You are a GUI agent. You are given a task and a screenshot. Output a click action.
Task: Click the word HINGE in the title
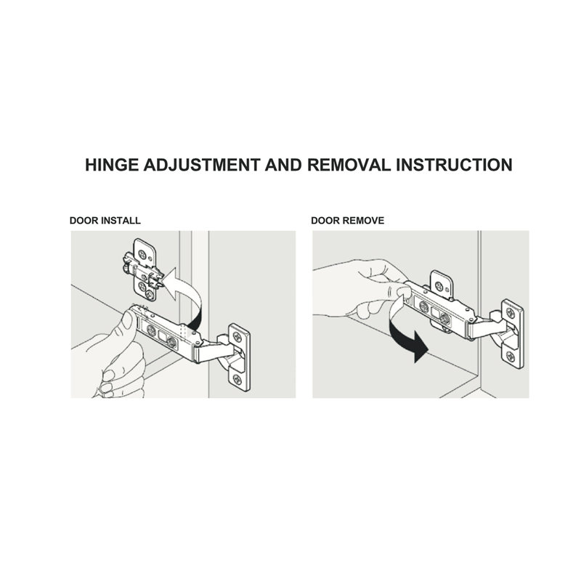tap(112, 165)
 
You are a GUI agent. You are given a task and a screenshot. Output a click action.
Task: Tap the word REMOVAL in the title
tap(349, 165)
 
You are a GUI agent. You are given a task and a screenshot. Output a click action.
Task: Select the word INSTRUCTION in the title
tap(455, 165)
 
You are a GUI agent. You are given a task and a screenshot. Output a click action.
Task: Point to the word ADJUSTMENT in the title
tap(202, 165)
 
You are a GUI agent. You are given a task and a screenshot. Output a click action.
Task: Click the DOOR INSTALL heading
tap(105, 221)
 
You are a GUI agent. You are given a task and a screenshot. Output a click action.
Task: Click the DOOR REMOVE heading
tap(348, 221)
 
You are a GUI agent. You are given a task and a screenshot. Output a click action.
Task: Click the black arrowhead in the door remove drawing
tap(421, 347)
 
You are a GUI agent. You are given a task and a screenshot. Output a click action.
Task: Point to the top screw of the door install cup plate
tap(237, 337)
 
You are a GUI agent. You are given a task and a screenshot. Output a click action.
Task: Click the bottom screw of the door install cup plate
tap(237, 379)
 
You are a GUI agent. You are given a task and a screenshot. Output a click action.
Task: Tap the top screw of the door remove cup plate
tap(511, 313)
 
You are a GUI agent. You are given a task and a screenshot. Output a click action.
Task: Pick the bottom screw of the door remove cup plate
tap(511, 357)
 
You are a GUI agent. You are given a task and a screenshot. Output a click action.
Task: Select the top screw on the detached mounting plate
tap(142, 255)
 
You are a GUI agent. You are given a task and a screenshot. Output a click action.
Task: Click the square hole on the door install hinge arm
tap(162, 336)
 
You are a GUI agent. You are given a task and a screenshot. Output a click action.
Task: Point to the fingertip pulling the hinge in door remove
tap(403, 293)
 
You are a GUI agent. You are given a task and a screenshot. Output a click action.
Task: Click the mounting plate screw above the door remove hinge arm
tap(439, 286)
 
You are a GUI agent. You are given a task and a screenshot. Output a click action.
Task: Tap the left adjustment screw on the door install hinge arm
tap(151, 330)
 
